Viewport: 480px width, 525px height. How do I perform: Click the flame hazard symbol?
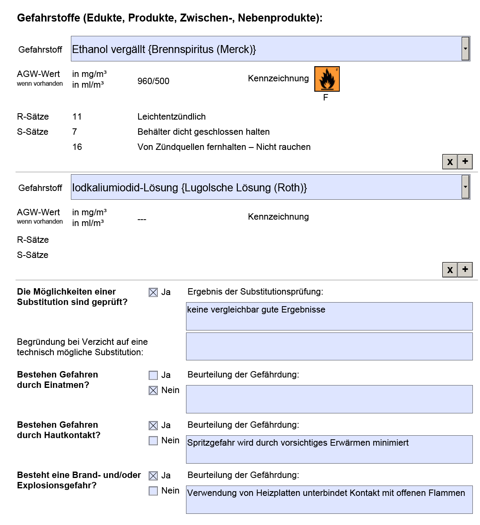327,79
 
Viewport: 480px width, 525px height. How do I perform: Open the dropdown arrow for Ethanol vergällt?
465,49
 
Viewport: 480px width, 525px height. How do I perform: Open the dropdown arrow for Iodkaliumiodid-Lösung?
465,187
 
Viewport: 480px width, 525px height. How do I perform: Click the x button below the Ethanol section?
450,162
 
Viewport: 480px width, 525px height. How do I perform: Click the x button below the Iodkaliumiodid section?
450,270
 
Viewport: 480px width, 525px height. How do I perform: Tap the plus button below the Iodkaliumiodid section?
465,269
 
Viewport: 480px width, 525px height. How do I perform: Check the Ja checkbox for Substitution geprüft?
153,293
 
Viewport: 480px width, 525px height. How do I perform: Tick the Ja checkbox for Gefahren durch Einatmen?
153,376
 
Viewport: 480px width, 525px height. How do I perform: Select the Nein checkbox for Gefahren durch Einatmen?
153,391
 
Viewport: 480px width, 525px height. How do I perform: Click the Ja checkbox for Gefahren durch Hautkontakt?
153,426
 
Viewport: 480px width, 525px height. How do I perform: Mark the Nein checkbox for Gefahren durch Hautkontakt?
153,441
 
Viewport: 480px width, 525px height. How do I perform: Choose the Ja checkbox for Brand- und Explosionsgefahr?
153,476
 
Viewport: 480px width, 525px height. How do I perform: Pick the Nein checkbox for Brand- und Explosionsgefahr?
153,491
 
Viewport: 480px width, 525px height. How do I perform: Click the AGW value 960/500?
153,81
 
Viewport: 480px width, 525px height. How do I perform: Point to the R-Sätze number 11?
77,117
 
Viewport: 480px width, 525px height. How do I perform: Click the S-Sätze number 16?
77,147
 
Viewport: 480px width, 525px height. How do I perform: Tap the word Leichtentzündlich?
171,117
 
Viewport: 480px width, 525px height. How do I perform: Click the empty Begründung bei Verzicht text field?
329,346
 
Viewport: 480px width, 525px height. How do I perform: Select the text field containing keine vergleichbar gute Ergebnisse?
329,316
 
